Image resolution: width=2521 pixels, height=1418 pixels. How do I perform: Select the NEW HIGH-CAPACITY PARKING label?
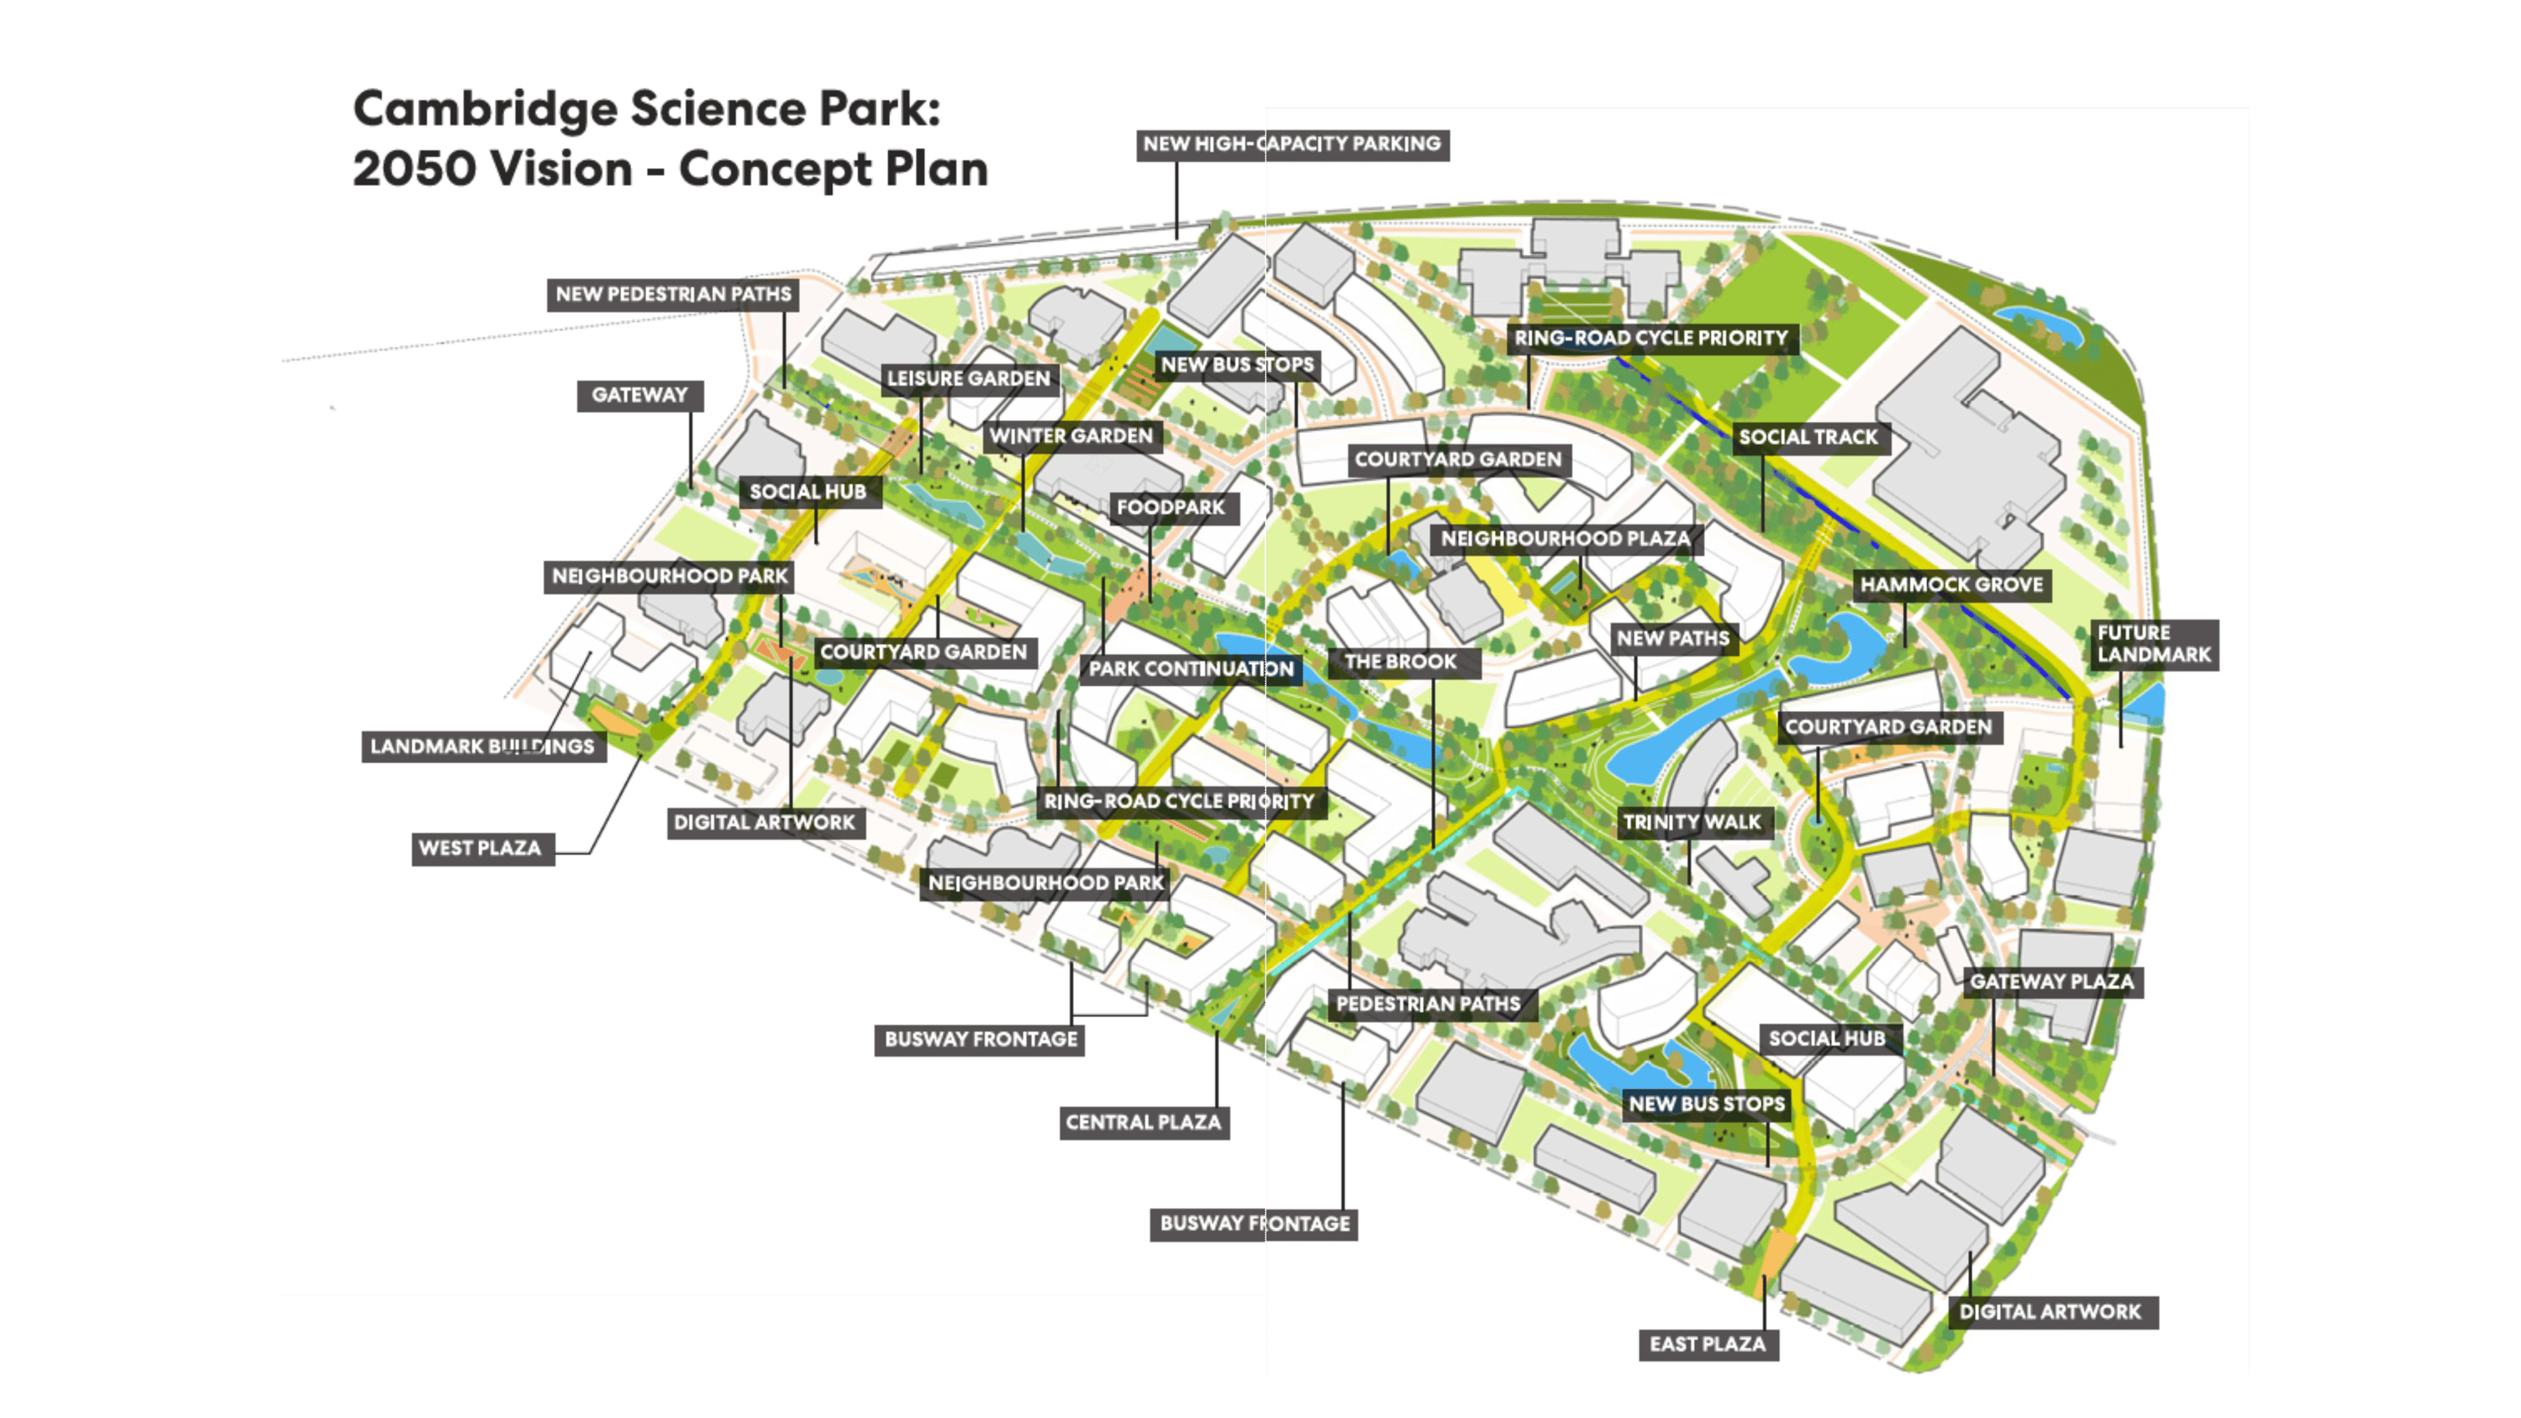(x=1292, y=144)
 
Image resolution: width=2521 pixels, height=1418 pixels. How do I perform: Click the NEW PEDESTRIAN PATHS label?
(x=673, y=294)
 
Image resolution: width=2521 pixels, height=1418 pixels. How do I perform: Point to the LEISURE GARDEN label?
(x=968, y=379)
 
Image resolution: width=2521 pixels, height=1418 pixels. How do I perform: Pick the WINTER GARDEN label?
(x=1071, y=436)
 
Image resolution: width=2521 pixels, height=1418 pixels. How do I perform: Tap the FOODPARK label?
(x=1171, y=508)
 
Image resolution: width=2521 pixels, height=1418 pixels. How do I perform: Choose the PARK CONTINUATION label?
(x=1191, y=669)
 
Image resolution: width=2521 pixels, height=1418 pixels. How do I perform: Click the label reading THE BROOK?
(x=1401, y=662)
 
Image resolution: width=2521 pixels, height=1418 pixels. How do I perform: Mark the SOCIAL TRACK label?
(x=1808, y=437)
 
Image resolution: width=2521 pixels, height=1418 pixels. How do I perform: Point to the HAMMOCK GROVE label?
(x=1951, y=585)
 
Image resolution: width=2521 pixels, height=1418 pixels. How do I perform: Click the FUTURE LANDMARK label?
(x=2153, y=644)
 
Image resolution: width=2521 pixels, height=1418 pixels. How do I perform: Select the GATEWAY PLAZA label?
(x=2051, y=982)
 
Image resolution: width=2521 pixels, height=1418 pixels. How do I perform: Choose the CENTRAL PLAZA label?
(x=1143, y=1122)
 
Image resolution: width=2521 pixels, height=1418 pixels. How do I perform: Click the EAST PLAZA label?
(x=1708, y=1345)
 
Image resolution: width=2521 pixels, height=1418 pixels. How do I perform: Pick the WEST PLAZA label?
(x=480, y=848)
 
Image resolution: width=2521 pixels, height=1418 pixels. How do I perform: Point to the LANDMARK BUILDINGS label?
(x=482, y=746)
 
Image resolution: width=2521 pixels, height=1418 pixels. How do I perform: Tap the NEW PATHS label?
(x=1672, y=639)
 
